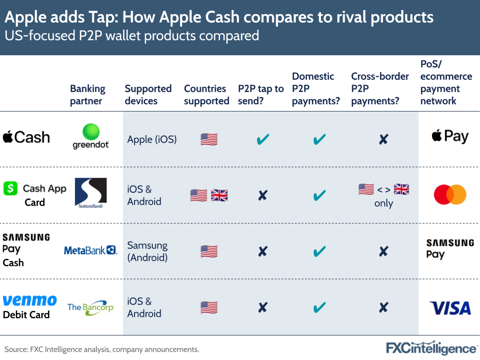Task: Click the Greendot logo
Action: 91,136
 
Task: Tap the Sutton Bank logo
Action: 91,193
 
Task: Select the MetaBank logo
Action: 90,250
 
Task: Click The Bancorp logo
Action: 90,307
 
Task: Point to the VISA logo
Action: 450,308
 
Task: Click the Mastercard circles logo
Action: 450,195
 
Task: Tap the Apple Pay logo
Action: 450,137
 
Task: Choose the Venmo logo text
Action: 30,301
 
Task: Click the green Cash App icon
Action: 11,188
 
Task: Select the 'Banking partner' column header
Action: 87,95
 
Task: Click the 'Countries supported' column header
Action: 206,95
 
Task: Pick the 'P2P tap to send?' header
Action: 261,95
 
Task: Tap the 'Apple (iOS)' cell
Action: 152,140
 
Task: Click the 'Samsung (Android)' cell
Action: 148,251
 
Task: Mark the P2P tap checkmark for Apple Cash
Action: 263,140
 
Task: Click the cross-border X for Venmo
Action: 383,308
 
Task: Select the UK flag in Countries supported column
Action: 220,195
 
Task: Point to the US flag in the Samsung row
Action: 209,251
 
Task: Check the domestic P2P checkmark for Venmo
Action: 319,308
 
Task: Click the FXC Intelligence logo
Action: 431,348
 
